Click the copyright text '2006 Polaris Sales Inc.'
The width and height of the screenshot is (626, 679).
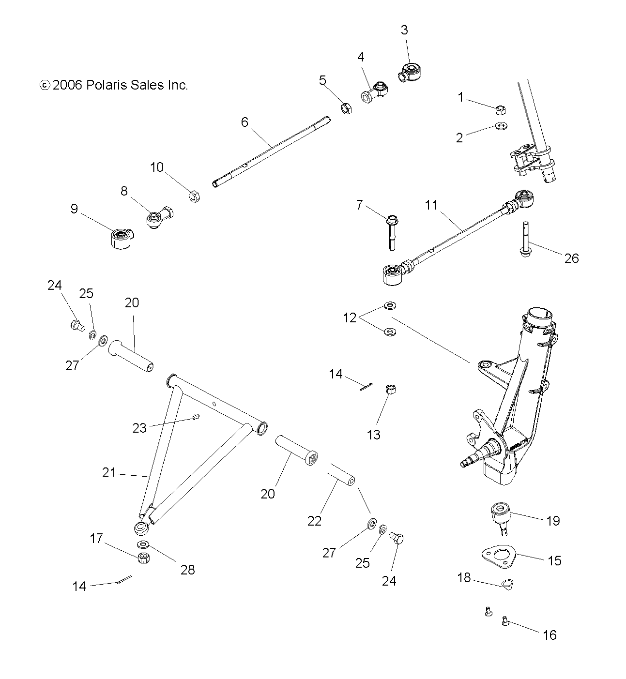click(x=119, y=85)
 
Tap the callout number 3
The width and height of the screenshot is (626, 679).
click(x=404, y=30)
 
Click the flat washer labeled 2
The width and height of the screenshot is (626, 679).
click(x=501, y=126)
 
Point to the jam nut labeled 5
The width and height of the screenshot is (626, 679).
click(x=346, y=108)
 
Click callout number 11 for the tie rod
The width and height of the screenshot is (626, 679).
click(x=431, y=205)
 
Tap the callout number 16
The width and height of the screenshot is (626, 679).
click(x=550, y=634)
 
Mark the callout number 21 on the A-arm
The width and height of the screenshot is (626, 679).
click(x=109, y=472)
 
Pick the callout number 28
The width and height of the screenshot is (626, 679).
click(x=187, y=570)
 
